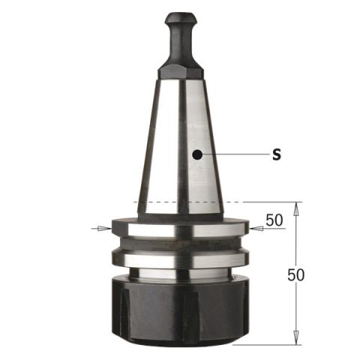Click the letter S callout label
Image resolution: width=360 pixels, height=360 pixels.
pyautogui.click(x=277, y=154)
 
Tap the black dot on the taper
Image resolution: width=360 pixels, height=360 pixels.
pyautogui.click(x=197, y=154)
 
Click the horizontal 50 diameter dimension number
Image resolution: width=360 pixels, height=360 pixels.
pyautogui.click(x=274, y=220)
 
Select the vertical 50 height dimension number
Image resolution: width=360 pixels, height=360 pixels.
pyautogui.click(x=296, y=274)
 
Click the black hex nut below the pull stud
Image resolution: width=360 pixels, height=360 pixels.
pyautogui.click(x=180, y=72)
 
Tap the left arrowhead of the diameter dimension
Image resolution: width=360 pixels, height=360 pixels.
pyautogui.click(x=104, y=228)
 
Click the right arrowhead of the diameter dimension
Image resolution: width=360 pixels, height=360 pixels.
pyautogui.click(x=256, y=228)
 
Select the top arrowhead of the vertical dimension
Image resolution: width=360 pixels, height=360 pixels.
pyautogui.click(x=296, y=209)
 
